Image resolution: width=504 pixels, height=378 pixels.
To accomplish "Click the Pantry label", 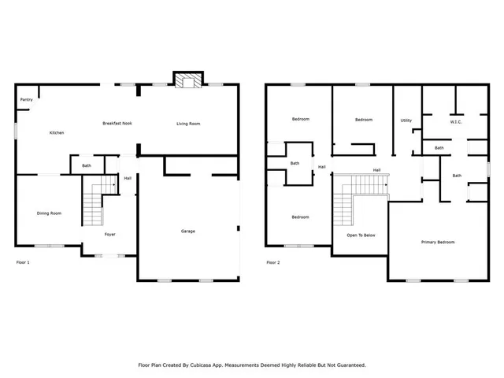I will (x=27, y=100).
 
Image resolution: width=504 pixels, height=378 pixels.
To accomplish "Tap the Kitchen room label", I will (x=57, y=132).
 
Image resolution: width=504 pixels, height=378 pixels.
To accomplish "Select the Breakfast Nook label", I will (x=117, y=123).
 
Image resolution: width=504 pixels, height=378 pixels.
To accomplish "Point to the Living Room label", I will (x=187, y=123).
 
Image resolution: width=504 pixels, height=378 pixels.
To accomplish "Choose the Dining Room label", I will (x=49, y=213).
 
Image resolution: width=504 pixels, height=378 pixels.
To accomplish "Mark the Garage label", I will (x=188, y=231).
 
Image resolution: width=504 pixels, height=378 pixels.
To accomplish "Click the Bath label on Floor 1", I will (x=87, y=165).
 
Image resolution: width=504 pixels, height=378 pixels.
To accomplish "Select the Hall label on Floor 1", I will (x=128, y=178).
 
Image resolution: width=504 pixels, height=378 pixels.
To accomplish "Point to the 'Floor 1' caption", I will (x=23, y=261).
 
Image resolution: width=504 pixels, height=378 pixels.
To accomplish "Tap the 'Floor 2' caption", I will (x=272, y=261).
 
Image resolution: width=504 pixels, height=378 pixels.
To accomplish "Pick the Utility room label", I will (x=406, y=120).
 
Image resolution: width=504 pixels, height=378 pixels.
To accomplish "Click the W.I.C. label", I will (x=455, y=122).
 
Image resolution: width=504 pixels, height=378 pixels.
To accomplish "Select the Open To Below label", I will (x=361, y=235).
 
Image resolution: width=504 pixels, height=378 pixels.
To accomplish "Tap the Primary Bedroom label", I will (x=438, y=242).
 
